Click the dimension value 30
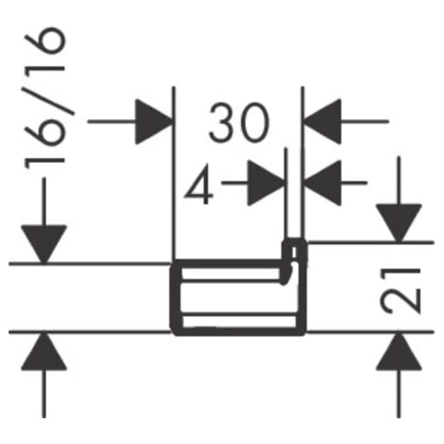point(239,122)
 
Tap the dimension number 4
point(199,184)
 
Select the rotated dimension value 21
point(400,291)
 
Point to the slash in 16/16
point(49,100)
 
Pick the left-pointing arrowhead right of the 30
point(322,122)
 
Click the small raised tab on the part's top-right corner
point(294,250)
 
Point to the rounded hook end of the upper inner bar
point(285,275)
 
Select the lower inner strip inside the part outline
point(239,321)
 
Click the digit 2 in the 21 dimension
point(400,302)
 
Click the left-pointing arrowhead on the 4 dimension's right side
point(322,183)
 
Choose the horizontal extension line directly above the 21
point(371,242)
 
